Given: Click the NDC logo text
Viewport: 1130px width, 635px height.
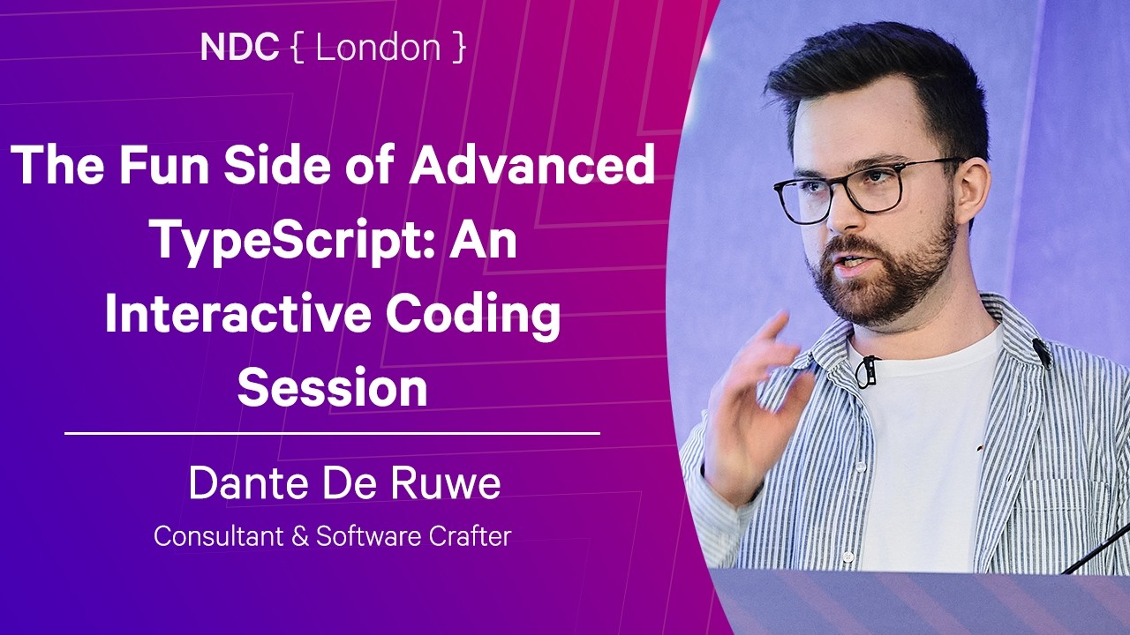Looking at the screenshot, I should point(239,49).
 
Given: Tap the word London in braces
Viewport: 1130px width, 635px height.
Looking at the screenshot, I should point(377,49).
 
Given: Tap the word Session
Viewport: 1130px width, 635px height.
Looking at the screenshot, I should point(332,388).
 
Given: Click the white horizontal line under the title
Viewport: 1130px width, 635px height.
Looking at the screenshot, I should point(332,433).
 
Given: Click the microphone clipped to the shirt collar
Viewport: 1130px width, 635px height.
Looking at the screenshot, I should point(1042,352).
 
